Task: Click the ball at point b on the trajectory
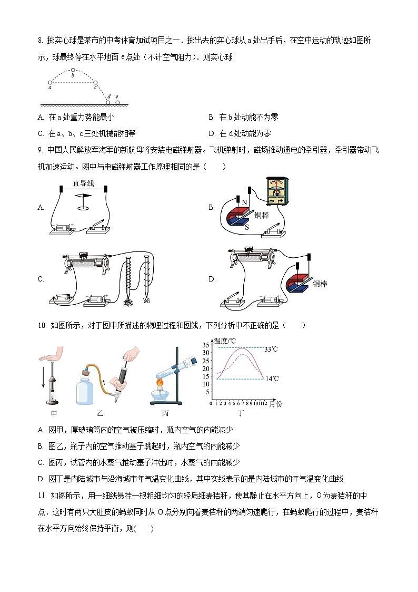tap(73, 70)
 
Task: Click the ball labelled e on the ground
tap(117, 102)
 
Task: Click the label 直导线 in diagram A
tap(83, 183)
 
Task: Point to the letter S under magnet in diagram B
tap(246, 226)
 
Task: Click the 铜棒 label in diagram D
tap(320, 284)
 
